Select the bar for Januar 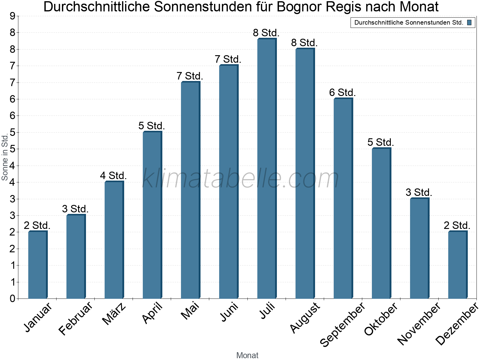tap(38, 265)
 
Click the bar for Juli tap(267, 168)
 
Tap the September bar tap(343, 198)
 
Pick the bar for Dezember tap(458, 265)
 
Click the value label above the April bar tap(152, 126)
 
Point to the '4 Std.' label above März tap(114, 175)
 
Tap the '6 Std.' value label tap(342, 92)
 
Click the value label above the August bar tap(304, 43)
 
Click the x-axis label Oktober tap(381, 319)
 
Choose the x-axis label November tap(419, 323)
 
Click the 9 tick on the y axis tap(13, 16)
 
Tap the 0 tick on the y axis tap(13, 298)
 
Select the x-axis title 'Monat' tap(247, 355)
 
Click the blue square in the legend tap(469, 22)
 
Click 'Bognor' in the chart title tap(299, 7)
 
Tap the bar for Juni tap(229, 181)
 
